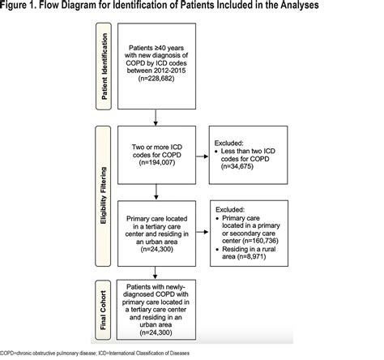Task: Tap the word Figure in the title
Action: (18, 10)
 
